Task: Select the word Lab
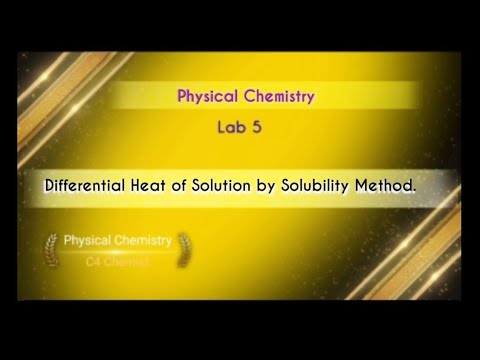(229, 128)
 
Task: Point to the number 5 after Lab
(254, 128)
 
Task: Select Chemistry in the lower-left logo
(142, 241)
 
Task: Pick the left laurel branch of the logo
(51, 250)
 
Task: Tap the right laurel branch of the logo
(183, 250)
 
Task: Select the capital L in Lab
(221, 128)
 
